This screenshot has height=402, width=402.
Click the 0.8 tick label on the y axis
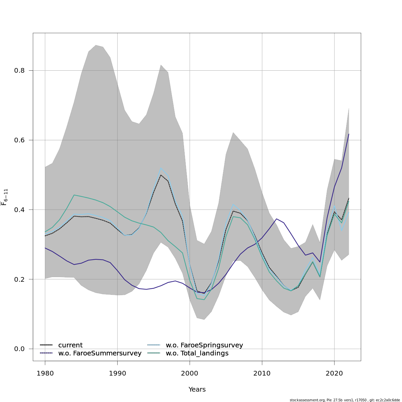19,71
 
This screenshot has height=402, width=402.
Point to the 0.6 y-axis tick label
19,140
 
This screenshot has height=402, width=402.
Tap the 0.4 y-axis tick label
19,210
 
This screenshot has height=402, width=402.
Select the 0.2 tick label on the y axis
19,279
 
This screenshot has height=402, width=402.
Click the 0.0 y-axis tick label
19,349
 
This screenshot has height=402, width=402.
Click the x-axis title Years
197,390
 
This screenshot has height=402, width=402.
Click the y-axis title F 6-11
4,197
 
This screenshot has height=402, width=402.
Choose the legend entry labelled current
70,345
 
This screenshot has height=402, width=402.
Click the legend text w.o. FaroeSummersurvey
99,353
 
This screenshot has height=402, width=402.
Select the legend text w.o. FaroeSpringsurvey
204,345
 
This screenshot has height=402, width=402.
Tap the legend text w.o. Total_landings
197,353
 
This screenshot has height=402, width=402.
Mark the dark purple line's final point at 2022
349,134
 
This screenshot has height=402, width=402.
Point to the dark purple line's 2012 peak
276,219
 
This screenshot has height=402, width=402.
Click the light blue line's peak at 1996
161,168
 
